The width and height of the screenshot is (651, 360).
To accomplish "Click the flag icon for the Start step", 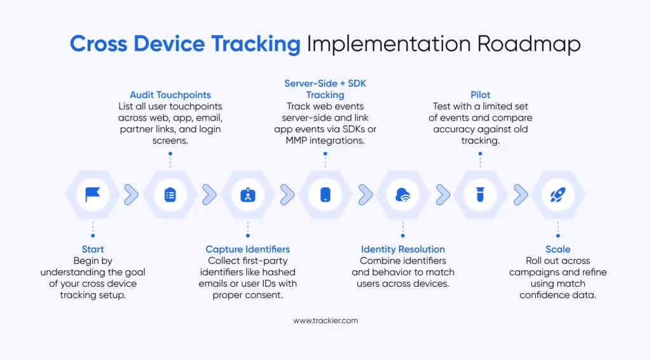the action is pyautogui.click(x=93, y=195).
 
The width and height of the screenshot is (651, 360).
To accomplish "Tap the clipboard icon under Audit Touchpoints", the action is pyautogui.click(x=170, y=195).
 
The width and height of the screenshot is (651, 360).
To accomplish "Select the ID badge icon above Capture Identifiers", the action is pyautogui.click(x=248, y=195).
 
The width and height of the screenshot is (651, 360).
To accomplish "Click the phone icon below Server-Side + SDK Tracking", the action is pyautogui.click(x=325, y=195).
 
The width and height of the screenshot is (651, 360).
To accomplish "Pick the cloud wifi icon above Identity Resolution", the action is pyautogui.click(x=402, y=195).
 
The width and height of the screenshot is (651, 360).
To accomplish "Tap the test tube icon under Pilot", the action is pyautogui.click(x=481, y=195).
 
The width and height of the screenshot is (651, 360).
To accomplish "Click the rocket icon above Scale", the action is pyautogui.click(x=558, y=195).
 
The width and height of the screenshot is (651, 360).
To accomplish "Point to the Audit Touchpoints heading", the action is pyautogui.click(x=170, y=95).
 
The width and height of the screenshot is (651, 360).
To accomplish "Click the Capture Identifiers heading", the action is pyautogui.click(x=248, y=249).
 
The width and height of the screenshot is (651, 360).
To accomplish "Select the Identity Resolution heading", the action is pyautogui.click(x=402, y=249).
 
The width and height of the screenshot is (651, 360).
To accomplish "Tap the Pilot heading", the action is pyautogui.click(x=481, y=95).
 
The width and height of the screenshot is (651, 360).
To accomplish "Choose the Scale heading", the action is pyautogui.click(x=558, y=249).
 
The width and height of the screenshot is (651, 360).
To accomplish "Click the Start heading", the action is pyautogui.click(x=93, y=249).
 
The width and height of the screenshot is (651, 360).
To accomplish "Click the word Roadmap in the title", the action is pyautogui.click(x=528, y=45).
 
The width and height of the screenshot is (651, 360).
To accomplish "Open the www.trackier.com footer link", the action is pyautogui.click(x=325, y=321).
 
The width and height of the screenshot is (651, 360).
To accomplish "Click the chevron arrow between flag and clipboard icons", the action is pyautogui.click(x=131, y=195).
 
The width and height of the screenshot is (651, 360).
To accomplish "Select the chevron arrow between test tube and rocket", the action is pyautogui.click(x=521, y=195).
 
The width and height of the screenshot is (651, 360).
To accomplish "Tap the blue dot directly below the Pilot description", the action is pyautogui.click(x=481, y=154).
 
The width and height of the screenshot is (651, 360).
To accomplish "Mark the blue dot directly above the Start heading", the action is pyautogui.click(x=93, y=236).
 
